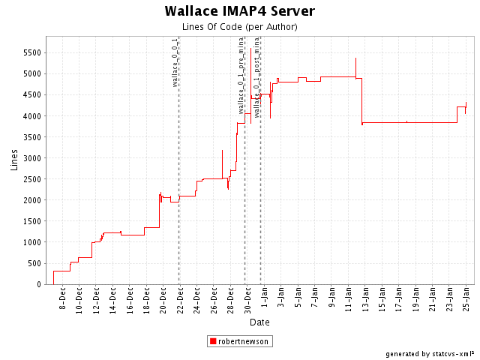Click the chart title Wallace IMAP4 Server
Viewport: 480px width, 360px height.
[239, 11]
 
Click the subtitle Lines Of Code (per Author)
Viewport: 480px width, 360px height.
[239, 27]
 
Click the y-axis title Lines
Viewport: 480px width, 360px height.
[14, 159]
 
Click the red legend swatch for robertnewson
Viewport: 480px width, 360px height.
[214, 341]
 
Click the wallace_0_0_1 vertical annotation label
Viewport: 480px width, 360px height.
[175, 62]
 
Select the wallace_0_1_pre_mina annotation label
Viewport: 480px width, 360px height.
[241, 75]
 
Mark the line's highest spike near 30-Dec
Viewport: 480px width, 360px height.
[250, 48]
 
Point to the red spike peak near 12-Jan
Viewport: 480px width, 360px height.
[355, 58]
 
